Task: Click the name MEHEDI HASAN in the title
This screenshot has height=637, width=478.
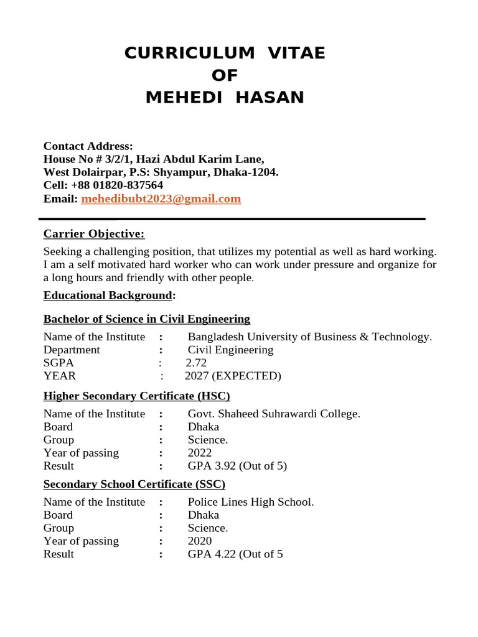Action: (x=225, y=98)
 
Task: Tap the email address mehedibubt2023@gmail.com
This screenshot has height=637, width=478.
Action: (x=161, y=199)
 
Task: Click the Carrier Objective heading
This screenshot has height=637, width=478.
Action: (x=93, y=234)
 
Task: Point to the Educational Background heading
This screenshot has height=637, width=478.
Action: (x=107, y=295)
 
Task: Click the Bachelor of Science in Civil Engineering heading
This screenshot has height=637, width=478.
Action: (x=146, y=319)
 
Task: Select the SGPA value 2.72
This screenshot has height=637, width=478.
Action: (x=196, y=363)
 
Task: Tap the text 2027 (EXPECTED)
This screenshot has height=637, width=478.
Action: (x=233, y=376)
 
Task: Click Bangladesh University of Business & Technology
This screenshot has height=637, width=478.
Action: (x=309, y=337)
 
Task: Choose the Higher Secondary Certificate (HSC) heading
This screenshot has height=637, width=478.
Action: (x=136, y=396)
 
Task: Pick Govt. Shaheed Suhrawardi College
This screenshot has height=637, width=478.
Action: (x=274, y=414)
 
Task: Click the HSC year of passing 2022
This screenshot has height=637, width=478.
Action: (x=199, y=453)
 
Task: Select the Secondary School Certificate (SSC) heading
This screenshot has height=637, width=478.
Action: (x=134, y=484)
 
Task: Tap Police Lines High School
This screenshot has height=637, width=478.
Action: (x=250, y=501)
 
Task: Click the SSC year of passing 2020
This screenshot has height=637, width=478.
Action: (x=199, y=541)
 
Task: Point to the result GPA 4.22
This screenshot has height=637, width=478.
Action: (x=235, y=554)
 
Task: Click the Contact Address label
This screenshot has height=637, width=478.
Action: (x=88, y=146)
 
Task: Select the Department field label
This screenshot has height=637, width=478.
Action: (x=72, y=350)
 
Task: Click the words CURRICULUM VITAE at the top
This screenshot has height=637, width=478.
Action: (x=225, y=53)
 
